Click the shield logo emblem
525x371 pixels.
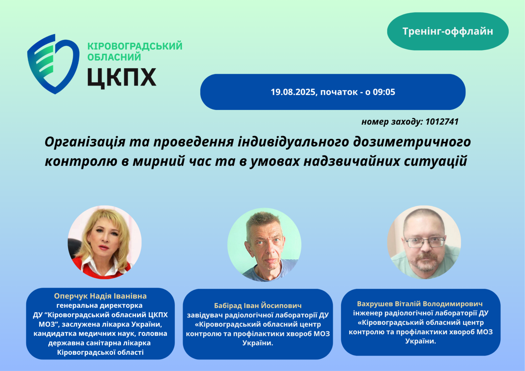(53, 64)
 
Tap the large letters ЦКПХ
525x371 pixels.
(122, 77)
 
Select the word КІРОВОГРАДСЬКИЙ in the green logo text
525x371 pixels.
(135, 46)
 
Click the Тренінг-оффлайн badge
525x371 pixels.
(448, 31)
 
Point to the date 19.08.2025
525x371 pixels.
(293, 92)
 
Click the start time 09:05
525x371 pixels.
(384, 92)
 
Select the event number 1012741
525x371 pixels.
(442, 121)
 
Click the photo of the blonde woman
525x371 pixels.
(105, 242)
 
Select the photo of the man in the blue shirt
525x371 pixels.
(264, 244)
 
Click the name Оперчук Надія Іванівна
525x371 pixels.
(100, 296)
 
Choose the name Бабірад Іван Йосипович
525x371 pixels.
(258, 306)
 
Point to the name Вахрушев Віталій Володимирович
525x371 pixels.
(420, 304)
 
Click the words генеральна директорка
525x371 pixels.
(100, 306)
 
